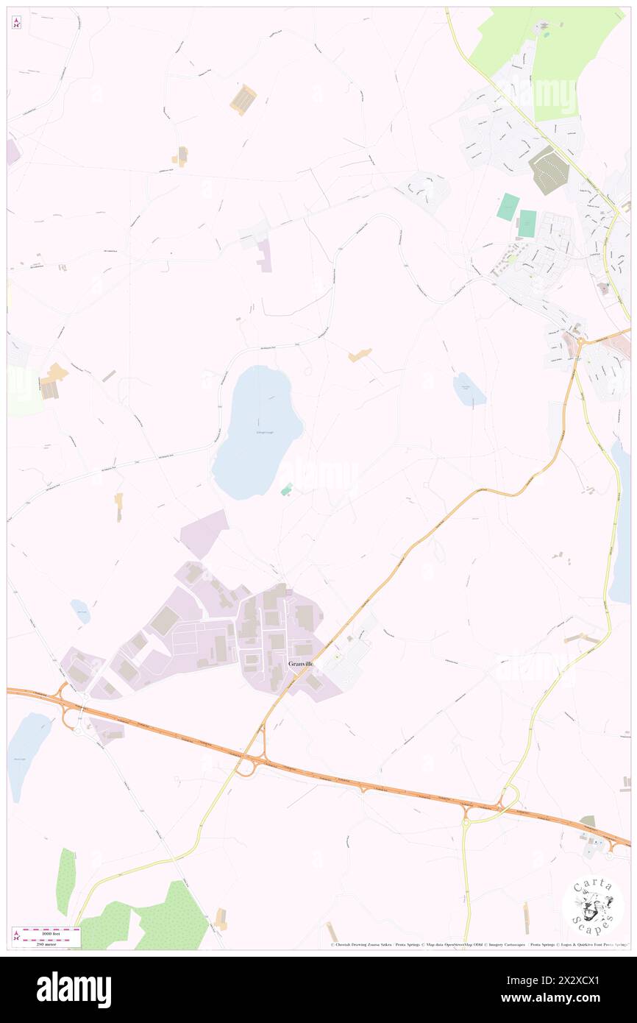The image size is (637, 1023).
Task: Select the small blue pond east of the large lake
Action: pos(469,389)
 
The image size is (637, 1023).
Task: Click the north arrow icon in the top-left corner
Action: pos(16,23)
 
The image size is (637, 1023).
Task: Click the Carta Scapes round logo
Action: pos(593,907)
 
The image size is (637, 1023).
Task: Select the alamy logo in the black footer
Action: pos(74,989)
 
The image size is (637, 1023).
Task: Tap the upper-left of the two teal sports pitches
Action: pos(507,206)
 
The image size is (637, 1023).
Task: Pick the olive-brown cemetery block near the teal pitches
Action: pos(548,171)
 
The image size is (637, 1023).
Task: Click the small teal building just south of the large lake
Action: pos(286,489)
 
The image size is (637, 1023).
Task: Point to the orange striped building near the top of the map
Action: pos(243,99)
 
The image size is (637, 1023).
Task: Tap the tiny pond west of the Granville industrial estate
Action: pos(81,611)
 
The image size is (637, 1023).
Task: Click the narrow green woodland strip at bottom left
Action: pos(65,881)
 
